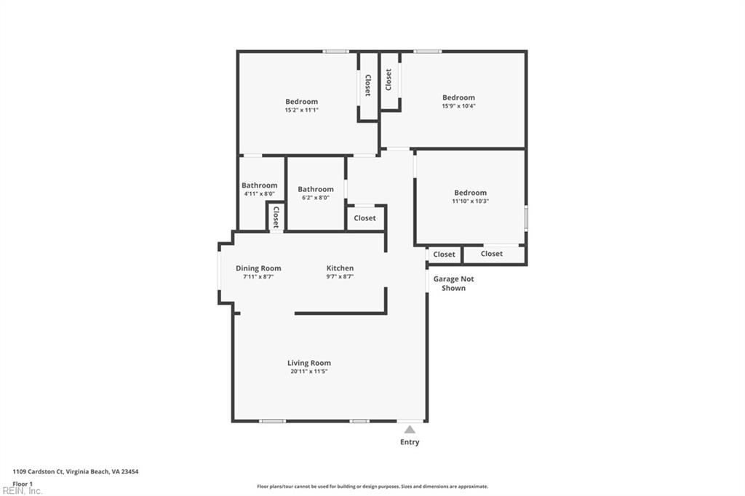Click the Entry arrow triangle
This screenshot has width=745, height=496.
point(410,430)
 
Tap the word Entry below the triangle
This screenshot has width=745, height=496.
point(410,442)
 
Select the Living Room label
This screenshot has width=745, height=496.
point(308,363)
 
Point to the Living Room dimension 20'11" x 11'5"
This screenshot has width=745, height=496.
point(308,372)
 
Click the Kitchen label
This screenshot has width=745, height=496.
point(340,268)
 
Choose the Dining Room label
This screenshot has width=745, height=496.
point(258,268)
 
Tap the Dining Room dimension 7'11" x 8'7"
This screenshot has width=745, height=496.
point(258,277)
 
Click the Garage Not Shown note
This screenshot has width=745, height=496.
point(453,284)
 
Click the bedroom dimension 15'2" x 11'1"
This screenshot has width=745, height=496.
point(301,111)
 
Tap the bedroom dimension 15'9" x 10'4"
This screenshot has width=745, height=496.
point(458,106)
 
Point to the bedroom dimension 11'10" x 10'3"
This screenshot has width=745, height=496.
point(470,201)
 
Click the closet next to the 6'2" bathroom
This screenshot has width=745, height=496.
point(364,218)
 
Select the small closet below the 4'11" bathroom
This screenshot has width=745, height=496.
point(276,217)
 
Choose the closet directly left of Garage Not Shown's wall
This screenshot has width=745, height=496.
point(444,255)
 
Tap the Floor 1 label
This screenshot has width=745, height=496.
point(23,483)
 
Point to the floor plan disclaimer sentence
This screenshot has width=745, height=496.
point(372,487)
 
